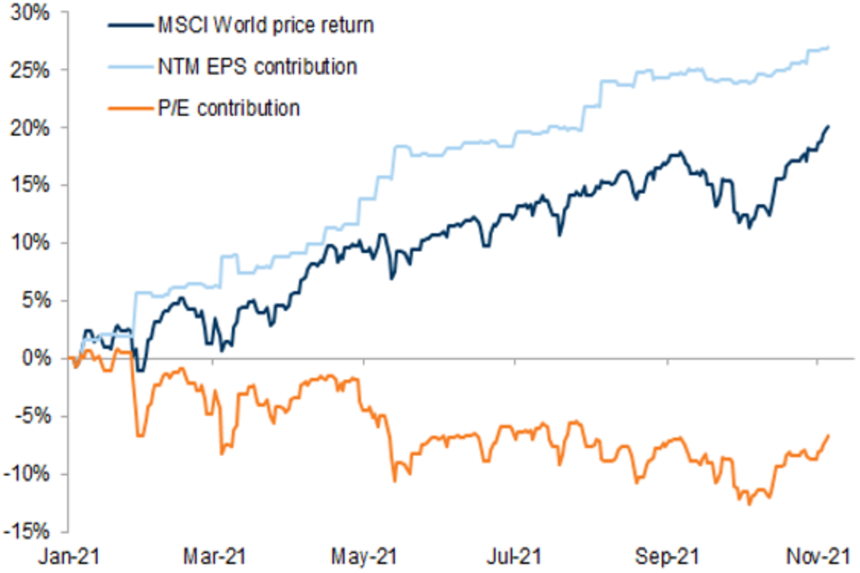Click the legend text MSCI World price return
tap(266, 27)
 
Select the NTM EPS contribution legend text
tap(256, 67)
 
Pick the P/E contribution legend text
tap(228, 108)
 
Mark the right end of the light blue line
tap(829, 47)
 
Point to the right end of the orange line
tap(829, 435)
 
